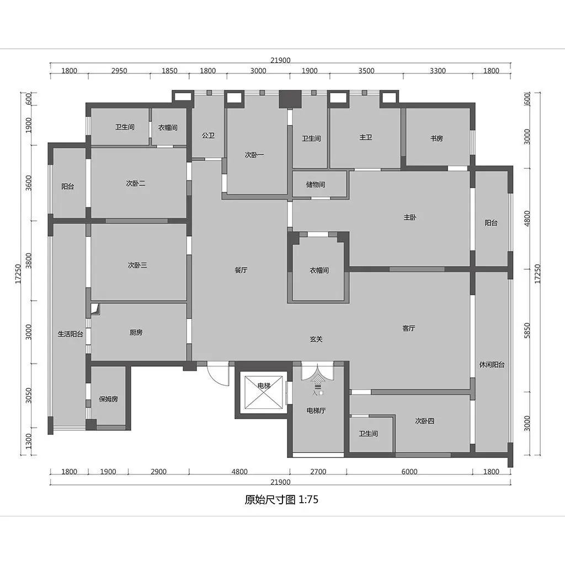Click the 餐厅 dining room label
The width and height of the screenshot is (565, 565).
click(x=241, y=270)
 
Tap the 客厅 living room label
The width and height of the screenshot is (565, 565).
click(x=409, y=328)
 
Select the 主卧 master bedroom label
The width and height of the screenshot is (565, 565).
click(x=410, y=217)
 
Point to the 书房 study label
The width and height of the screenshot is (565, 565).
click(x=436, y=138)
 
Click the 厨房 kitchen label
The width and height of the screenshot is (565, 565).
click(x=136, y=332)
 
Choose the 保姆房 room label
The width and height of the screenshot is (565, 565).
click(x=109, y=399)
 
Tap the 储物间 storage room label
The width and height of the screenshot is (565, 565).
click(x=316, y=184)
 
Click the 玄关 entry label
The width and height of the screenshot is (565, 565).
click(x=316, y=339)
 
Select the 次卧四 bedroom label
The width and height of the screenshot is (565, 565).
click(x=424, y=421)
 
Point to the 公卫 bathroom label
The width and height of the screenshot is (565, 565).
click(x=208, y=136)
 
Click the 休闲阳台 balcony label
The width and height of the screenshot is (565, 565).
click(x=492, y=365)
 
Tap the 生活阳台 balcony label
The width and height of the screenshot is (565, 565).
click(x=70, y=334)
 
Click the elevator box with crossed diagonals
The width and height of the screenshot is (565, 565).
click(x=263, y=392)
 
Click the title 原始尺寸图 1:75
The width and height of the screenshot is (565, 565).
click(x=281, y=499)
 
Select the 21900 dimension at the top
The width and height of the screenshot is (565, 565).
click(x=280, y=60)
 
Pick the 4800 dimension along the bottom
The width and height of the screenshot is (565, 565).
click(x=239, y=472)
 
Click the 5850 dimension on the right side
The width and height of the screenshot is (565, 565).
click(x=527, y=331)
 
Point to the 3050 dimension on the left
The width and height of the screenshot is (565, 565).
click(x=29, y=396)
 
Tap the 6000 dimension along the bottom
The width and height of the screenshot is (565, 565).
click(x=409, y=472)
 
